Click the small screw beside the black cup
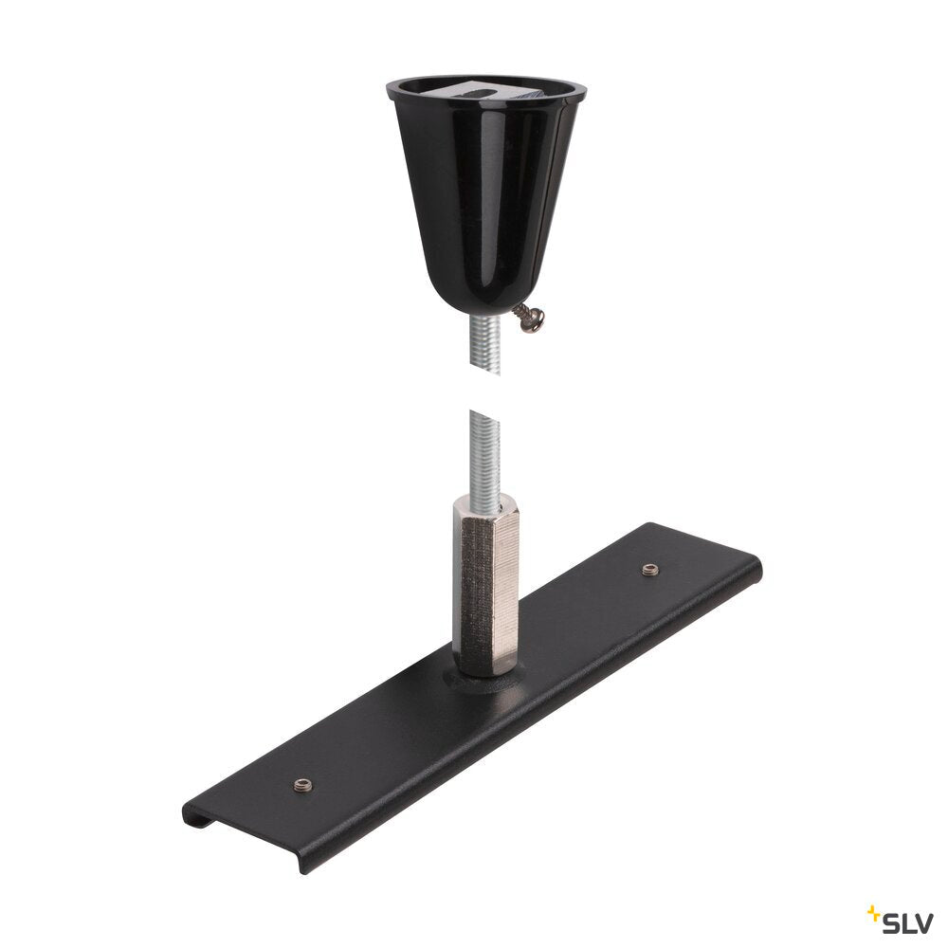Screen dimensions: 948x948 click(528, 318)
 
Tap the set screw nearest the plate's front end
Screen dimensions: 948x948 click(303, 785)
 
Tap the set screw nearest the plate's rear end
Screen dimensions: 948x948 click(649, 569)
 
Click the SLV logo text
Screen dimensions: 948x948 click(900, 922)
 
